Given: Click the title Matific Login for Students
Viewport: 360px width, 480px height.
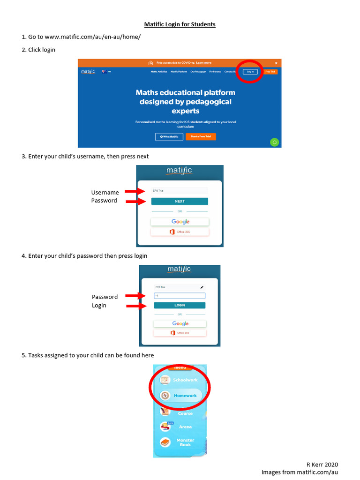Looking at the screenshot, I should [180, 24].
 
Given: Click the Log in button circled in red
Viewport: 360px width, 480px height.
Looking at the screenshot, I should [250, 72].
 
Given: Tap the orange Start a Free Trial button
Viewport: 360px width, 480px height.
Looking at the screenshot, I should [201, 137].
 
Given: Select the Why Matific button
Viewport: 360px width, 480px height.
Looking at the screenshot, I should [169, 137].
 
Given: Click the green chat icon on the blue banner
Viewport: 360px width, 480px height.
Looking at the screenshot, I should [275, 142].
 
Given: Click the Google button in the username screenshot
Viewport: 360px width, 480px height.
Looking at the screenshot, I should [180, 222].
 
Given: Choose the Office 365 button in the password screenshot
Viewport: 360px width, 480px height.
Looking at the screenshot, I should [180, 333].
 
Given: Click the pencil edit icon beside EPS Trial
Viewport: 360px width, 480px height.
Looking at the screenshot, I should [202, 287].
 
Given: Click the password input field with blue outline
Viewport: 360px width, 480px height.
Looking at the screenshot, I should [180, 296].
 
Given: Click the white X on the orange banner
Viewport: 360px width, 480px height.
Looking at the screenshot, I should [276, 63].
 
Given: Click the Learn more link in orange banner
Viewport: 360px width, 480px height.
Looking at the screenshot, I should [203, 63].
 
